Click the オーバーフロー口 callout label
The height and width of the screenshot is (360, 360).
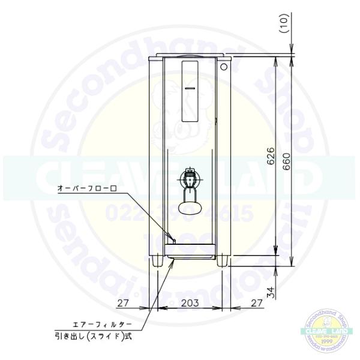85,188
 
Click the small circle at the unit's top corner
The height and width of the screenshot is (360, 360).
224,67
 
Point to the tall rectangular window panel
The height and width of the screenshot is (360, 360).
191,90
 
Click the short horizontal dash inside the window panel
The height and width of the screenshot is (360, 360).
190,88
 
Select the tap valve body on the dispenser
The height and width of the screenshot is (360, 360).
191,179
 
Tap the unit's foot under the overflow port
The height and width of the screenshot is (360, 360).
157,260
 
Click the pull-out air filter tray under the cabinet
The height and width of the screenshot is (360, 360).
190,256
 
